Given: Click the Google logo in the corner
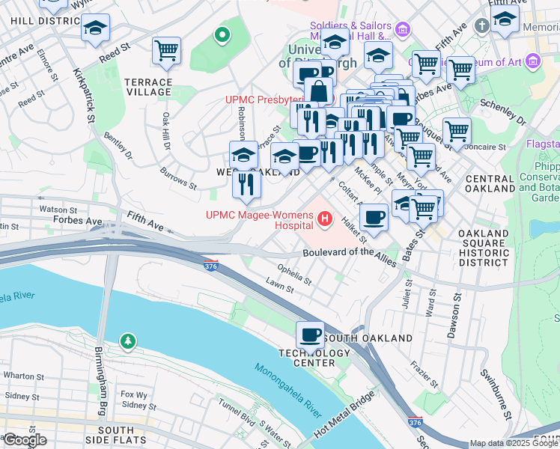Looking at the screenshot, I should (x=25, y=440).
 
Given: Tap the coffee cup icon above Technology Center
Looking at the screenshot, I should (x=310, y=335).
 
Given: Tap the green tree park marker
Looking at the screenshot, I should (x=129, y=342).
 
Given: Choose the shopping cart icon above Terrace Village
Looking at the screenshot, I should (x=166, y=51).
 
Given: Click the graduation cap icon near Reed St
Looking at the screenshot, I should (x=95, y=28).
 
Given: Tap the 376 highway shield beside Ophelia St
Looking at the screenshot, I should (x=212, y=265).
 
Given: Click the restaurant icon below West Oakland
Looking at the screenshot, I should (x=246, y=183).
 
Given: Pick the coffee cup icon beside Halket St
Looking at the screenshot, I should (x=374, y=217).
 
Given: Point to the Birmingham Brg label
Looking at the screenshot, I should (x=100, y=381).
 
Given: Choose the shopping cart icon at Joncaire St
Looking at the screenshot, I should (x=457, y=132).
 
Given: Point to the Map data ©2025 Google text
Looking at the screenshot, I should (x=514, y=443).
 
